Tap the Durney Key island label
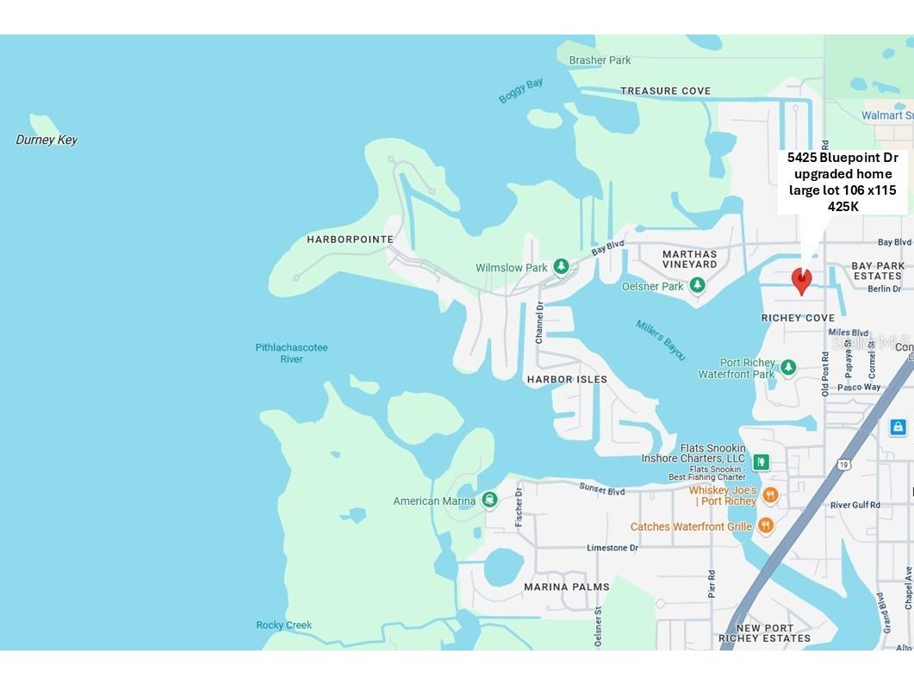(x=47, y=140)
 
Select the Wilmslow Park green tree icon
(x=561, y=267)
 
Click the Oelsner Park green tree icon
(x=697, y=285)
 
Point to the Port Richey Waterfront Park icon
(x=787, y=368)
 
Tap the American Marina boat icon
(x=489, y=501)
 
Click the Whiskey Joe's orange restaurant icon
(x=770, y=495)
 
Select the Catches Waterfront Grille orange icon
(x=765, y=526)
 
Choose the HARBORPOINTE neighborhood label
(x=350, y=240)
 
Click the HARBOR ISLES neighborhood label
(x=567, y=379)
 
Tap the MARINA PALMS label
(x=567, y=587)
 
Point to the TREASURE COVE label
(x=666, y=90)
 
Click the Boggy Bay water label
(x=520, y=90)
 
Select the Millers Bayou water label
(x=661, y=340)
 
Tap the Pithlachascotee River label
(x=291, y=353)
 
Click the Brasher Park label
(x=600, y=60)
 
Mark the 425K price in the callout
(x=843, y=206)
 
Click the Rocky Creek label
(x=283, y=625)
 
